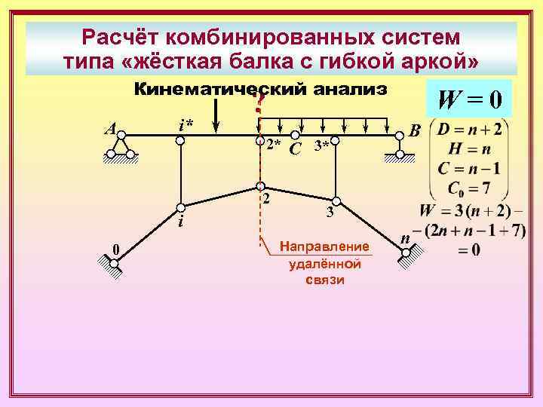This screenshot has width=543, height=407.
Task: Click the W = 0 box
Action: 468,99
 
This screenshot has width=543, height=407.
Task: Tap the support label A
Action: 110,128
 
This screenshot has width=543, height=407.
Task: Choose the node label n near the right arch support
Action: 406,238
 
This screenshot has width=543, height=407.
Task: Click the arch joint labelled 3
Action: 338,200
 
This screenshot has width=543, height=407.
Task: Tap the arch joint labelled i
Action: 181,207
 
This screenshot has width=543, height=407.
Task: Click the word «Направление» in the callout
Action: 324,246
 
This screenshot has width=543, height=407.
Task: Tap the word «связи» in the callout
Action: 325,280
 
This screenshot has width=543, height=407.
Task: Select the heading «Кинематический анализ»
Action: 260,90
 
